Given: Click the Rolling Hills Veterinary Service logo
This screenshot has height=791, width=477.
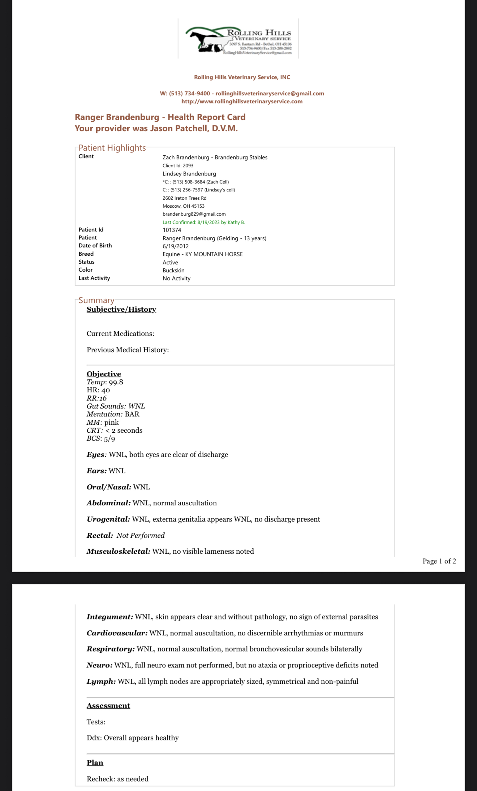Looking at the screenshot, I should point(239,39).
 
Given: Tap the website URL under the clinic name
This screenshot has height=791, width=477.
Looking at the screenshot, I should point(242,101).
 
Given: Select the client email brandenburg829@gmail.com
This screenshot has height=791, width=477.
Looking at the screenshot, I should point(194,214).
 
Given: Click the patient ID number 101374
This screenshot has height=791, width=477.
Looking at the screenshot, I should point(172,230).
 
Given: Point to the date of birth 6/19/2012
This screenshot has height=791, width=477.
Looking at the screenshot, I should point(176,246).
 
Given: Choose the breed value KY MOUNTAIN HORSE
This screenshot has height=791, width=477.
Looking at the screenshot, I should point(214,254).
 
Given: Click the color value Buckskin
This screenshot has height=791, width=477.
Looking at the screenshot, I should point(173,271).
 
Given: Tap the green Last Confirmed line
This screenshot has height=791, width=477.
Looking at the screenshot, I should point(203,222).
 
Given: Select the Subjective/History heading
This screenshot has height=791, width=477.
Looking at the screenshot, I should point(121,310).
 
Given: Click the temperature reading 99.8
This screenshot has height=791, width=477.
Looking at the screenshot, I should point(116,382).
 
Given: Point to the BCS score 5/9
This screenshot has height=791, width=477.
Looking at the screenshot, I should point(109,439).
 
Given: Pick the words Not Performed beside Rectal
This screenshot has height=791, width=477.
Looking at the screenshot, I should point(141,536).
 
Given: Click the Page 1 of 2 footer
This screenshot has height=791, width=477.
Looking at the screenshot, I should point(439,561).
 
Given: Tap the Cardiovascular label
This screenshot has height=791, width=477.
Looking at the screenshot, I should point(117,633).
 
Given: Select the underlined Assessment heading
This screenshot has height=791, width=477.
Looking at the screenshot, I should point(108,706).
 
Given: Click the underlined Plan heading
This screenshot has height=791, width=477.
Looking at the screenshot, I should point(95,763).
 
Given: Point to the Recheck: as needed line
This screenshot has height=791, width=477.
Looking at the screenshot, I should point(117,779).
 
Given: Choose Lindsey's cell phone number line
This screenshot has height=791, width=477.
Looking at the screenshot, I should point(199,190).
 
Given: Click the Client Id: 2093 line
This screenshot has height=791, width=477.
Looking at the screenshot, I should point(178,166).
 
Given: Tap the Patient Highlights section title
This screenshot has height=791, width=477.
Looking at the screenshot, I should point(112,148).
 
